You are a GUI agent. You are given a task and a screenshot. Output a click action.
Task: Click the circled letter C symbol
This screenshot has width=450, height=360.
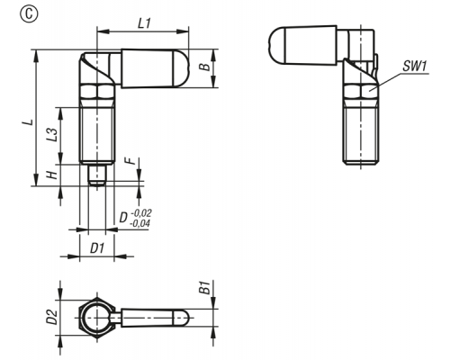(29, 15)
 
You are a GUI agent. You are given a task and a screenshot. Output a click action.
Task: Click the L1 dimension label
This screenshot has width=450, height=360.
(144, 23)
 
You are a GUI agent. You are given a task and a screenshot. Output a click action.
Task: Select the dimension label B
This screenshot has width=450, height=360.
(206, 67)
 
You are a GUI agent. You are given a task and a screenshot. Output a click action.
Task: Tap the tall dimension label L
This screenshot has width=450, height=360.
(29, 122)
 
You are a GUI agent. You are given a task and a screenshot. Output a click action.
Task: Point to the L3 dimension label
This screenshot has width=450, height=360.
(51, 135)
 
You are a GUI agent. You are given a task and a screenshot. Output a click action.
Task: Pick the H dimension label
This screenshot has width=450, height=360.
(53, 175)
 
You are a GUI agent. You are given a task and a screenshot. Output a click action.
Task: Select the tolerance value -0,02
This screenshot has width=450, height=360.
(141, 213)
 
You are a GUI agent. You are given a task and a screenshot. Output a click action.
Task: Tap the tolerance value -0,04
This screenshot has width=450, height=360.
(139, 223)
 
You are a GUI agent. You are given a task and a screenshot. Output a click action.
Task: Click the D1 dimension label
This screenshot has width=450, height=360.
(97, 248)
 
